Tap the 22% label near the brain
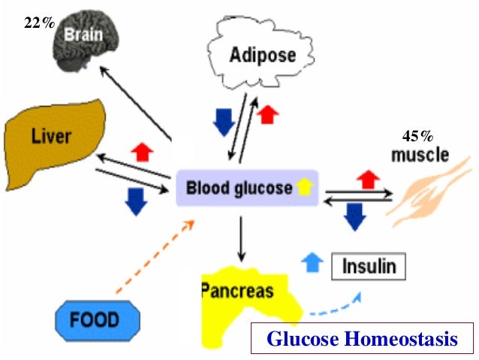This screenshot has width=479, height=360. coord(38,23)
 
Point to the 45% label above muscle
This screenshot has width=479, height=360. coord(418,137)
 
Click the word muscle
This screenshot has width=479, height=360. coord(420,156)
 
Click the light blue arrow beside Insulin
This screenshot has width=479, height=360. coord(311,262)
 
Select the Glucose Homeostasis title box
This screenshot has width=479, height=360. coord(362,339)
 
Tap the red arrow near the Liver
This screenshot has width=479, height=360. coord(142,151)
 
